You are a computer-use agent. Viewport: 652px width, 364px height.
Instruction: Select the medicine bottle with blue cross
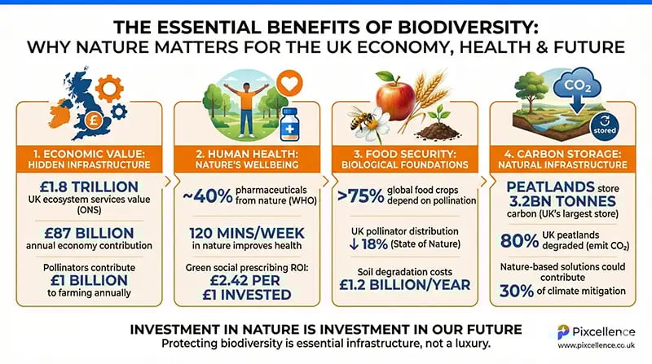point(291,124)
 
